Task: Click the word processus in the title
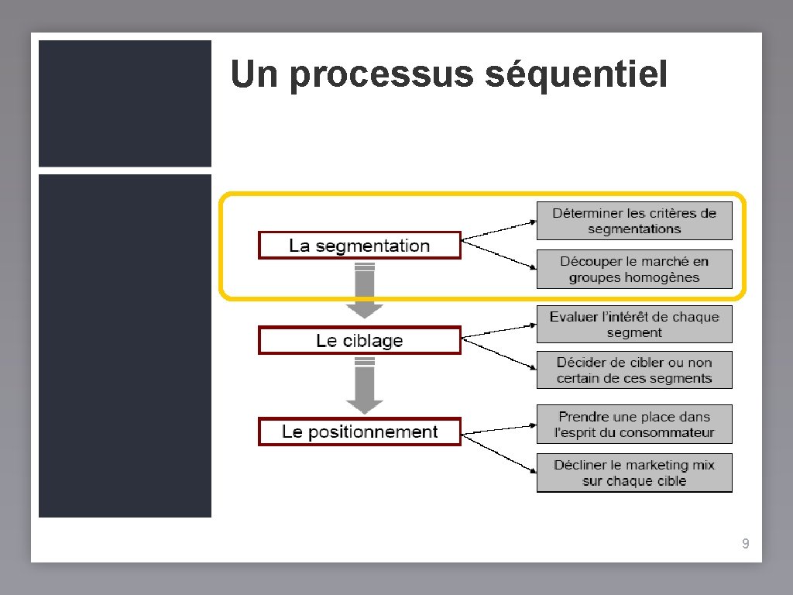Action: [x=383, y=75]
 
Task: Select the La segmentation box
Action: [x=359, y=246]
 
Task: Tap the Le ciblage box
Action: [x=359, y=341]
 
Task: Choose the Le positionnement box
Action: [x=359, y=432]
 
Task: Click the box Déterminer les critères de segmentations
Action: [x=634, y=221]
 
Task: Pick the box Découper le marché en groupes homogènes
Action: [x=634, y=269]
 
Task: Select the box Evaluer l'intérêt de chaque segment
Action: [x=634, y=325]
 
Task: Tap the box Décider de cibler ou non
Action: [x=634, y=370]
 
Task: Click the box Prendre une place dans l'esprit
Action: [x=634, y=425]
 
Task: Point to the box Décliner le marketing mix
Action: [x=634, y=473]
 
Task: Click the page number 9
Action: [x=745, y=544]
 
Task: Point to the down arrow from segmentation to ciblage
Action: [x=365, y=292]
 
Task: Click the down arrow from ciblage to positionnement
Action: [x=365, y=386]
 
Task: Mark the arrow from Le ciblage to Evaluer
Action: [x=499, y=327]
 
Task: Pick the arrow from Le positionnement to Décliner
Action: [x=499, y=454]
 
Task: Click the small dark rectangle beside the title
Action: [x=125, y=103]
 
